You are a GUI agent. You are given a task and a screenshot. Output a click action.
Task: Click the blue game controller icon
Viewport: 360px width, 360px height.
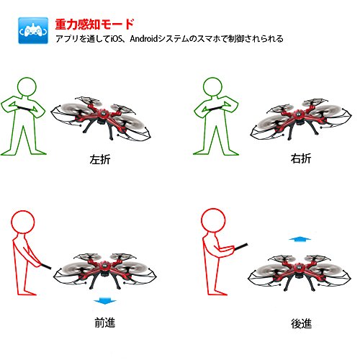coord(33,30)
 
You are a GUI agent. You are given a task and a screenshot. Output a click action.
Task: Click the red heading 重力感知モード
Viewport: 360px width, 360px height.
coord(94,24)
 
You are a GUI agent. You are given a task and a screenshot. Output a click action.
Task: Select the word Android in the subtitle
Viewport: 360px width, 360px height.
coord(144,38)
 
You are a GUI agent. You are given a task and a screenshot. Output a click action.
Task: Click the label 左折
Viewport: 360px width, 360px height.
coord(100,159)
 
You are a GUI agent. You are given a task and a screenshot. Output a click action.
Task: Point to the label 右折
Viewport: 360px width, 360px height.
coord(301,158)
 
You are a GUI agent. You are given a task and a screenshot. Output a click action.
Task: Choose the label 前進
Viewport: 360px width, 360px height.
coord(105,323)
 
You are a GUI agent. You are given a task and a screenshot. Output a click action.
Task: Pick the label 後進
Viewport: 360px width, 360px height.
coord(302,323)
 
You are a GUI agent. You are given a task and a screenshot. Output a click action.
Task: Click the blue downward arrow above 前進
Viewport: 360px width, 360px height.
coord(104,302)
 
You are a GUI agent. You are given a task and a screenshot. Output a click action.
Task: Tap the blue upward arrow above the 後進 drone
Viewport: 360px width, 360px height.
coord(300,239)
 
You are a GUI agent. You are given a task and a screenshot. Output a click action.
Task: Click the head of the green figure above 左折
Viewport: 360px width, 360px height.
coord(27,87)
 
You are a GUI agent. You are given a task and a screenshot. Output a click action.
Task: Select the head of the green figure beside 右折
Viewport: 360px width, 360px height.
coord(212,86)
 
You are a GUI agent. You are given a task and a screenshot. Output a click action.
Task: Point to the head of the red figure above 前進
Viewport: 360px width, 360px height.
coord(23,222)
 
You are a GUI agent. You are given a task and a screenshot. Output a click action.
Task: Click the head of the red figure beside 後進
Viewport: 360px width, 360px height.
coord(213,220)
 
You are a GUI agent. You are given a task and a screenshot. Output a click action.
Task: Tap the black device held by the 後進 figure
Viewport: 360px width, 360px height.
coord(240,246)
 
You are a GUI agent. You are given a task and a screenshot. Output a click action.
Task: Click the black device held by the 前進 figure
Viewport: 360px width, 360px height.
coord(46,266)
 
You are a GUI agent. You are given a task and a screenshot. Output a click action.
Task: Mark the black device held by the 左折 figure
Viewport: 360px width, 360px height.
coord(24,108)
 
